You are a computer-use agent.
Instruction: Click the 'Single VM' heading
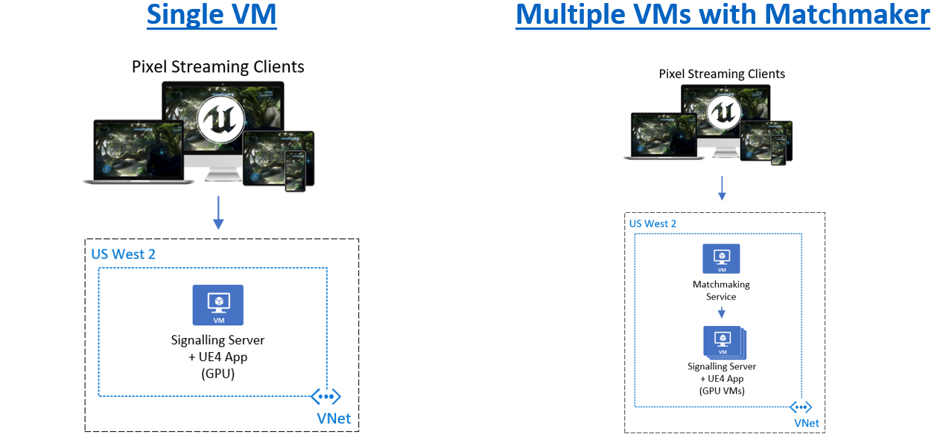click(212, 15)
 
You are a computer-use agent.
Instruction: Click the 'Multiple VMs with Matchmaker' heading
click(723, 15)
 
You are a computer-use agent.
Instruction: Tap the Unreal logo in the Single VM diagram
click(221, 119)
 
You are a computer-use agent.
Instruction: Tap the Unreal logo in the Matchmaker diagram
click(724, 112)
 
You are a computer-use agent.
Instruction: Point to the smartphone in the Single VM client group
click(295, 171)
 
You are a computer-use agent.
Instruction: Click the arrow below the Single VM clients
click(218, 212)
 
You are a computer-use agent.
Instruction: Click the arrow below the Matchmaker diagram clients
click(722, 188)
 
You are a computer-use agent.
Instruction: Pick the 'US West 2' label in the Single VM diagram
click(124, 254)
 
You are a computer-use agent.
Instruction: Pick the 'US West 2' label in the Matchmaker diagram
click(653, 224)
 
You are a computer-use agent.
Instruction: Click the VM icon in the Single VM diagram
click(218, 305)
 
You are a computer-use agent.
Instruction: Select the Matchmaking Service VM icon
click(721, 258)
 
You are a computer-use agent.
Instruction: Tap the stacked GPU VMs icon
click(724, 342)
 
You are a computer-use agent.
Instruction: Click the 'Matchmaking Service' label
click(721, 290)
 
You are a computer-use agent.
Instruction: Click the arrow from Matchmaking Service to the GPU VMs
click(722, 312)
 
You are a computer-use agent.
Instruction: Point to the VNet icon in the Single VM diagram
click(326, 396)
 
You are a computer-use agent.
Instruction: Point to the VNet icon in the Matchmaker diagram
click(801, 407)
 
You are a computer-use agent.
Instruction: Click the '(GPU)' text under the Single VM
click(218, 374)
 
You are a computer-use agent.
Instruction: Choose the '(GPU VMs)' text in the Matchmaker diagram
click(722, 391)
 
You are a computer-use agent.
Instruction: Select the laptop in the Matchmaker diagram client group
click(664, 135)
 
